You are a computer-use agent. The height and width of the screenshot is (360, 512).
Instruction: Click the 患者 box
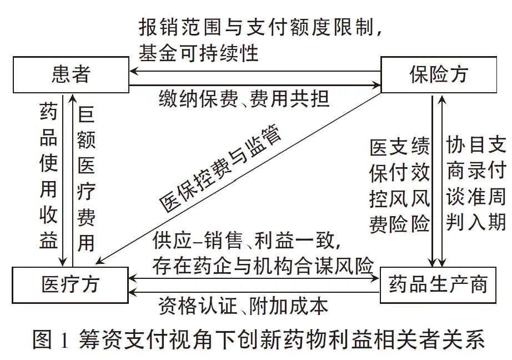point(71,75)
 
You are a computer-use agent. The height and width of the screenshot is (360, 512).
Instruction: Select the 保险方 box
point(439,75)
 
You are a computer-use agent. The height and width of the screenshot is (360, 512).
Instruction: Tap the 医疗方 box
point(70,285)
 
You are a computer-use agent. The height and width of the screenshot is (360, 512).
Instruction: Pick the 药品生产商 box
point(438,285)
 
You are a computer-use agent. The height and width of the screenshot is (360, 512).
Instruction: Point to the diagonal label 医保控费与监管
point(220,168)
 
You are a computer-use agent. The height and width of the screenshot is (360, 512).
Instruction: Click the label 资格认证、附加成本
point(243,307)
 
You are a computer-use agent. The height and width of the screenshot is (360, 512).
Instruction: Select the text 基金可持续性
point(199,53)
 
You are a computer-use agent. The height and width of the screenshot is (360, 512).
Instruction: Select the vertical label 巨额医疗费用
point(86,179)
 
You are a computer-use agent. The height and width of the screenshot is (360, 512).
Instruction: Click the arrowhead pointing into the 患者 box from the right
point(134,71)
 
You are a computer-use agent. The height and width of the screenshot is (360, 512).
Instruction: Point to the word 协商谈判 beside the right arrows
point(455,184)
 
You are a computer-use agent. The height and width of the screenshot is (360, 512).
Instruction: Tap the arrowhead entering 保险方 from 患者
point(377,86)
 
